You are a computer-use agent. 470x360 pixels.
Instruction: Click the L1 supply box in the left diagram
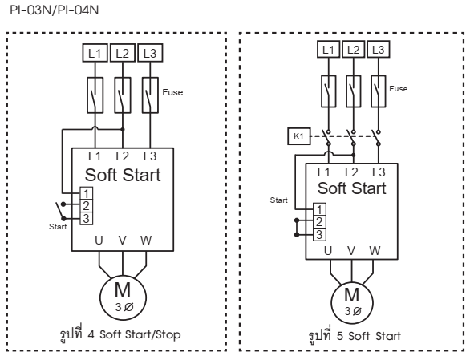tap(95, 54)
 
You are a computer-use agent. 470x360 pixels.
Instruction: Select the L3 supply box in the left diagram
tap(149, 54)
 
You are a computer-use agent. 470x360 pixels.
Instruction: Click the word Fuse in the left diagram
tap(174, 92)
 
